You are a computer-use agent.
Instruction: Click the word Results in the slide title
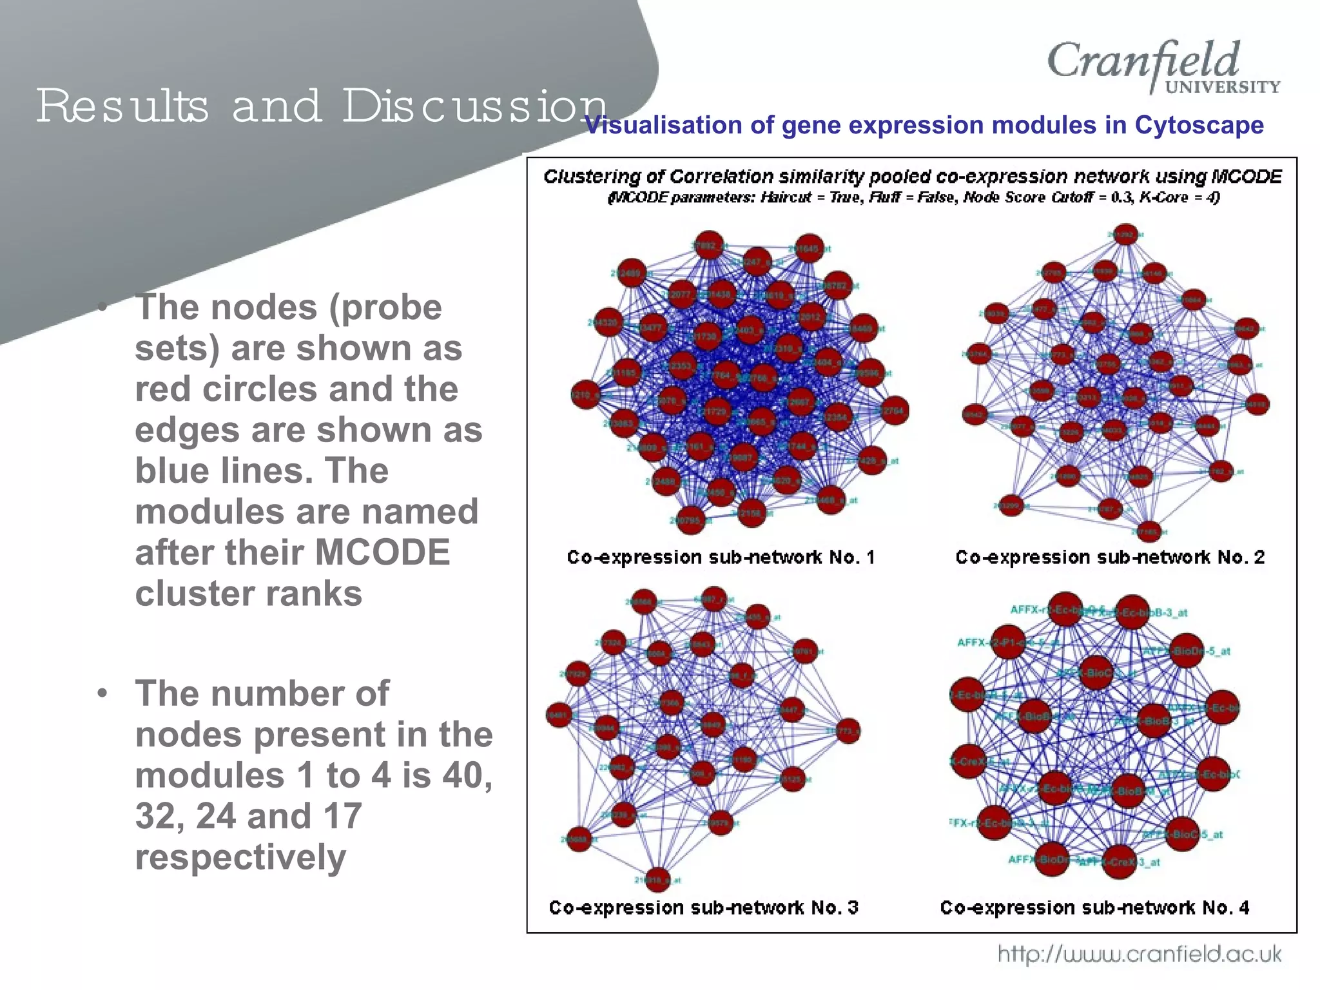(x=122, y=106)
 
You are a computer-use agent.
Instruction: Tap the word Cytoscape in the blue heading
(x=1199, y=125)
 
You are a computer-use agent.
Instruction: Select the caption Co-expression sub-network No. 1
(x=721, y=558)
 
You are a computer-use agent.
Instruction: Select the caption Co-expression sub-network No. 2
(x=1109, y=558)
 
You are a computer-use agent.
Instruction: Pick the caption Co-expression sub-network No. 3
(x=703, y=908)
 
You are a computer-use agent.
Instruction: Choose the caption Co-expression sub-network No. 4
(x=1094, y=908)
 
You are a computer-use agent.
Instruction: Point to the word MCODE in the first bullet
(x=382, y=552)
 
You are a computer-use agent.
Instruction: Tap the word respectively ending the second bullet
(x=240, y=857)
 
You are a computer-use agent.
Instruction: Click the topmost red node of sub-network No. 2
(x=1125, y=235)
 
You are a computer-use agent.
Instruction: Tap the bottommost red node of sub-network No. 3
(x=656, y=879)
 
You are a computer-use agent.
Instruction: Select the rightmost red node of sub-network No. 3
(x=848, y=731)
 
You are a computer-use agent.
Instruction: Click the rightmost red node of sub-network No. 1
(x=895, y=411)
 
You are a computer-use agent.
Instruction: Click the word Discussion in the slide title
(x=474, y=106)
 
